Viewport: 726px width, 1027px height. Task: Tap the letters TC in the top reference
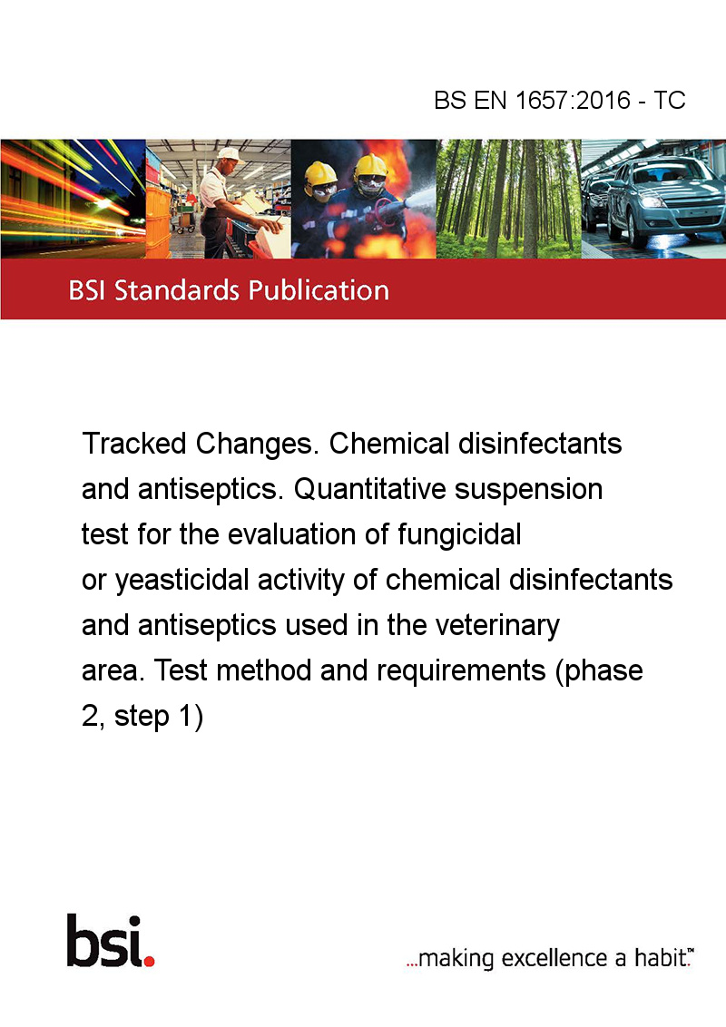pos(669,100)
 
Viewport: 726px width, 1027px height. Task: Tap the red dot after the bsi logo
pos(149,961)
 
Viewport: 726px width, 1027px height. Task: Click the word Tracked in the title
pos(134,444)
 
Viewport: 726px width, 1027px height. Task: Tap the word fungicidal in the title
pos(458,534)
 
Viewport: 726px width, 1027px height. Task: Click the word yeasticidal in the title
pos(182,581)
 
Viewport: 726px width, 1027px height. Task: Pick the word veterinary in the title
pos(497,625)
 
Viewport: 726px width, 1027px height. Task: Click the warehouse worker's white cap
pos(229,154)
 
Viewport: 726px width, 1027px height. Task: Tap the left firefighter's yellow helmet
pos(320,173)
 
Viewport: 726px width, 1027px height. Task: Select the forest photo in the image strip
pos(508,199)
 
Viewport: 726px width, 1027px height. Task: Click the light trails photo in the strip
pos(73,199)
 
